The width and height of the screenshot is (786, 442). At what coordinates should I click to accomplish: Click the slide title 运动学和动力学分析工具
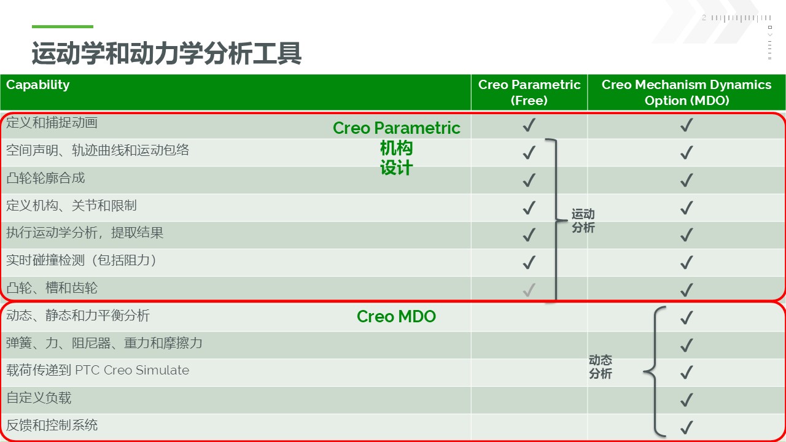166,53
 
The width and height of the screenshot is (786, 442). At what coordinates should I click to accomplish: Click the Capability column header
38,85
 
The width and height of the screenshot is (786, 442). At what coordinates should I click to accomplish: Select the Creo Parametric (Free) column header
529,93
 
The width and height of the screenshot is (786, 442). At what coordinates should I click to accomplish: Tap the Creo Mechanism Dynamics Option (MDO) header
687,93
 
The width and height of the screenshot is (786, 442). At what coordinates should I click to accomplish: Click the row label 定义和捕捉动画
52,123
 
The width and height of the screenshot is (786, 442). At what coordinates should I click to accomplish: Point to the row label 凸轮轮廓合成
45,178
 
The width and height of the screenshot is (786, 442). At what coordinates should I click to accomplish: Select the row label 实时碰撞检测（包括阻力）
82,260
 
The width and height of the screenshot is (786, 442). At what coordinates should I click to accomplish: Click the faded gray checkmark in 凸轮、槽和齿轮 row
529,290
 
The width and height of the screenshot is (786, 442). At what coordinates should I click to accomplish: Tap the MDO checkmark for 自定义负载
687,400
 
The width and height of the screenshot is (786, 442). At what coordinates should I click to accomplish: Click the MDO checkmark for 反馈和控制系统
687,427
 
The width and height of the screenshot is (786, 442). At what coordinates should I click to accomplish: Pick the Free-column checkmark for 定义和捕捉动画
529,125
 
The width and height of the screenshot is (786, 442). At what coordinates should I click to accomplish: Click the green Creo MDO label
396,316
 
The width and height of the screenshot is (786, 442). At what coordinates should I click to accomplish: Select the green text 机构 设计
396,158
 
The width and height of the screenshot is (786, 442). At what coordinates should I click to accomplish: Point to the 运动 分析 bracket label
583,220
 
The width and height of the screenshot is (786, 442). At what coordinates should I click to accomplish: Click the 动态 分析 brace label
601,366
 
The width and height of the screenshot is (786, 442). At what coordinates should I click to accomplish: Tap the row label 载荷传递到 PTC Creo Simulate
98,370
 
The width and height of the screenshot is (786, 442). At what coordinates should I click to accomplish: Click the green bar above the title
63,26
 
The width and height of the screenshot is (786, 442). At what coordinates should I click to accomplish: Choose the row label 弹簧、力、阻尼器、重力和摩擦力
104,343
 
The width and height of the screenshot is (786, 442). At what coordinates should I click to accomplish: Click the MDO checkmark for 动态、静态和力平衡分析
687,317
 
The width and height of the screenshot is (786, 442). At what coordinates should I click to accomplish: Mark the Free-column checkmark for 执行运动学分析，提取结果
529,235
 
